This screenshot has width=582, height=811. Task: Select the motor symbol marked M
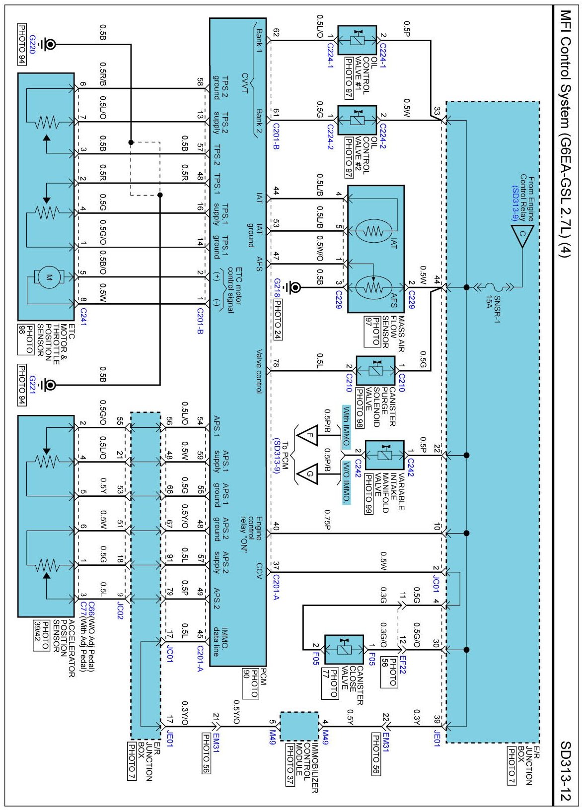[49, 277]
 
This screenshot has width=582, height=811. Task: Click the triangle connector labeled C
[522, 235]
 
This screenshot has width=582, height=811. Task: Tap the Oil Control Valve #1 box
[357, 40]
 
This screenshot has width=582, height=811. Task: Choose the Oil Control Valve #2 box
[357, 120]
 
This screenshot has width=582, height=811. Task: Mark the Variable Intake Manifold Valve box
[384, 455]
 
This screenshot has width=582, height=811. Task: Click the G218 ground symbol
[294, 287]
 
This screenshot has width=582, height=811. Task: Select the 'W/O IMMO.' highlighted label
[346, 482]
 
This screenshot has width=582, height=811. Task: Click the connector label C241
[83, 316]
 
